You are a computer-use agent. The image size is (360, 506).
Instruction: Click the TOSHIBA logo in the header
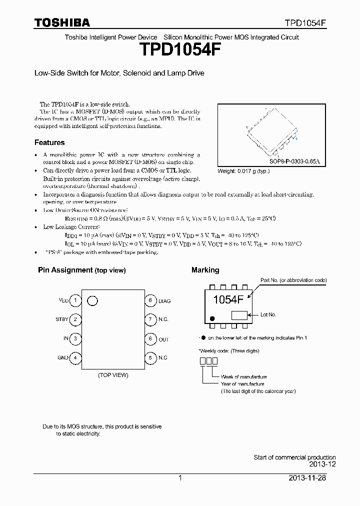62,22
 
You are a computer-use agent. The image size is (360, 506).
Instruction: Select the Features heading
49,142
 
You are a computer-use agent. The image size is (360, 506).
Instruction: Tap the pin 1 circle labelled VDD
75,300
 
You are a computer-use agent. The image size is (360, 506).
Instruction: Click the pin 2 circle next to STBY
75,319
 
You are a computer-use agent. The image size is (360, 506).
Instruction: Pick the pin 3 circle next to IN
75,338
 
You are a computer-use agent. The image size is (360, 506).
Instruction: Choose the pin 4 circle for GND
75,357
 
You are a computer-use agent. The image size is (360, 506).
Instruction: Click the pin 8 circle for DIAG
150,300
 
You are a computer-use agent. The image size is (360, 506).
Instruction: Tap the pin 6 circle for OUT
150,338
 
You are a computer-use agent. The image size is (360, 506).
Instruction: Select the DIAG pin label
164,301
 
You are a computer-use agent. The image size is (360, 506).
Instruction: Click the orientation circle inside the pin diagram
92,300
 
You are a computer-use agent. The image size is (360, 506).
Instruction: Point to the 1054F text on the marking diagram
227,300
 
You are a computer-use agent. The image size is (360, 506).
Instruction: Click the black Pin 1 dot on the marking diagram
212,318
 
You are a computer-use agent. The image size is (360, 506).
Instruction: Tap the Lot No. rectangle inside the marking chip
239,315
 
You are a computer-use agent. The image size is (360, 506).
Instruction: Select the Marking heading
205,270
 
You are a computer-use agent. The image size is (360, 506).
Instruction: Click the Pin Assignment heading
81,270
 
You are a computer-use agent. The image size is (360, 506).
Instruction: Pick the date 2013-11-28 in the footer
312,478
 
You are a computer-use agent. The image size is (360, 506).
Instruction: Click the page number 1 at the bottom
180,478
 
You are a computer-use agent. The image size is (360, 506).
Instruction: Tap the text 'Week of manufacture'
244,376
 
